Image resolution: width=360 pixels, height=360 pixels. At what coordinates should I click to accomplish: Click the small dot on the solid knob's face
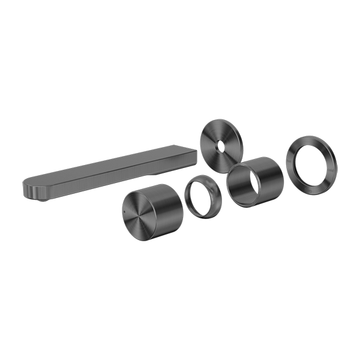coord(125,214)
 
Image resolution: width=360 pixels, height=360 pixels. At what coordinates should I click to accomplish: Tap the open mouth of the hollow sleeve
coord(244,185)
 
